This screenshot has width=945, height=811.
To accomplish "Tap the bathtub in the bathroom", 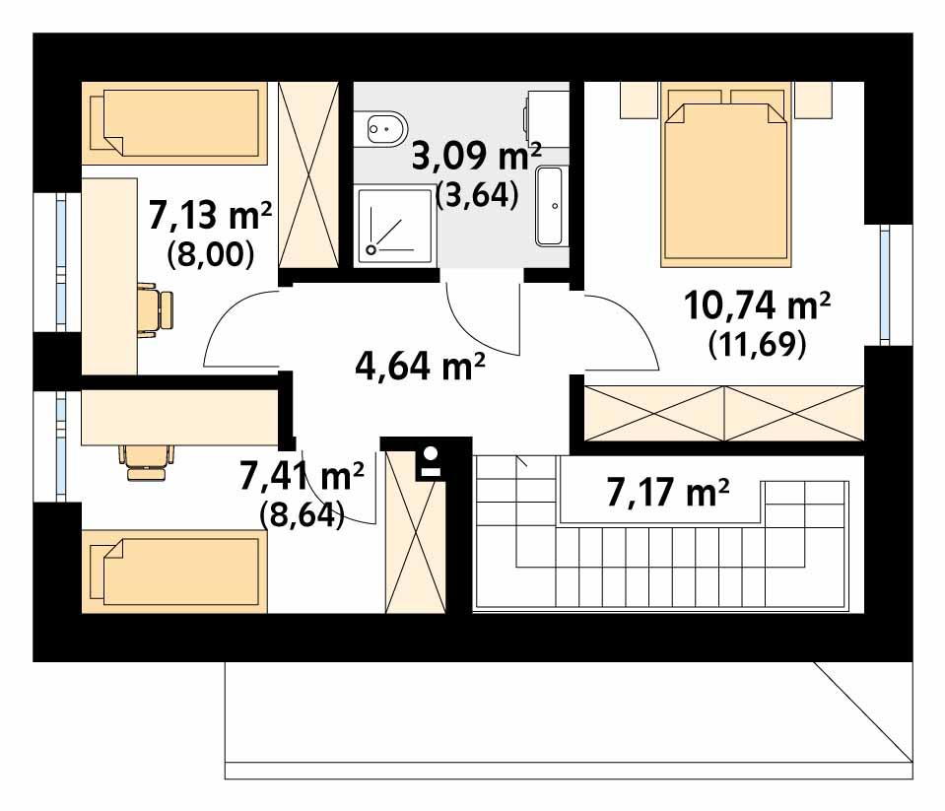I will point(551,206).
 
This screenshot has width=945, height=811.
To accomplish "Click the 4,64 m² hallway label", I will point(420,367).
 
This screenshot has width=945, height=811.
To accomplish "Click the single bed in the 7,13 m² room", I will point(175,123).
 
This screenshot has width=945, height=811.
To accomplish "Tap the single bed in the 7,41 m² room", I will point(175,573).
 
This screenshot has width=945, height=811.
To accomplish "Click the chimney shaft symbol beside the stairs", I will point(430,462).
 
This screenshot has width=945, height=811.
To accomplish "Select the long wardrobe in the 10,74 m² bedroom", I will point(724,413).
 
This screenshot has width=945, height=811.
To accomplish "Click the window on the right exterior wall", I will point(884,285).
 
